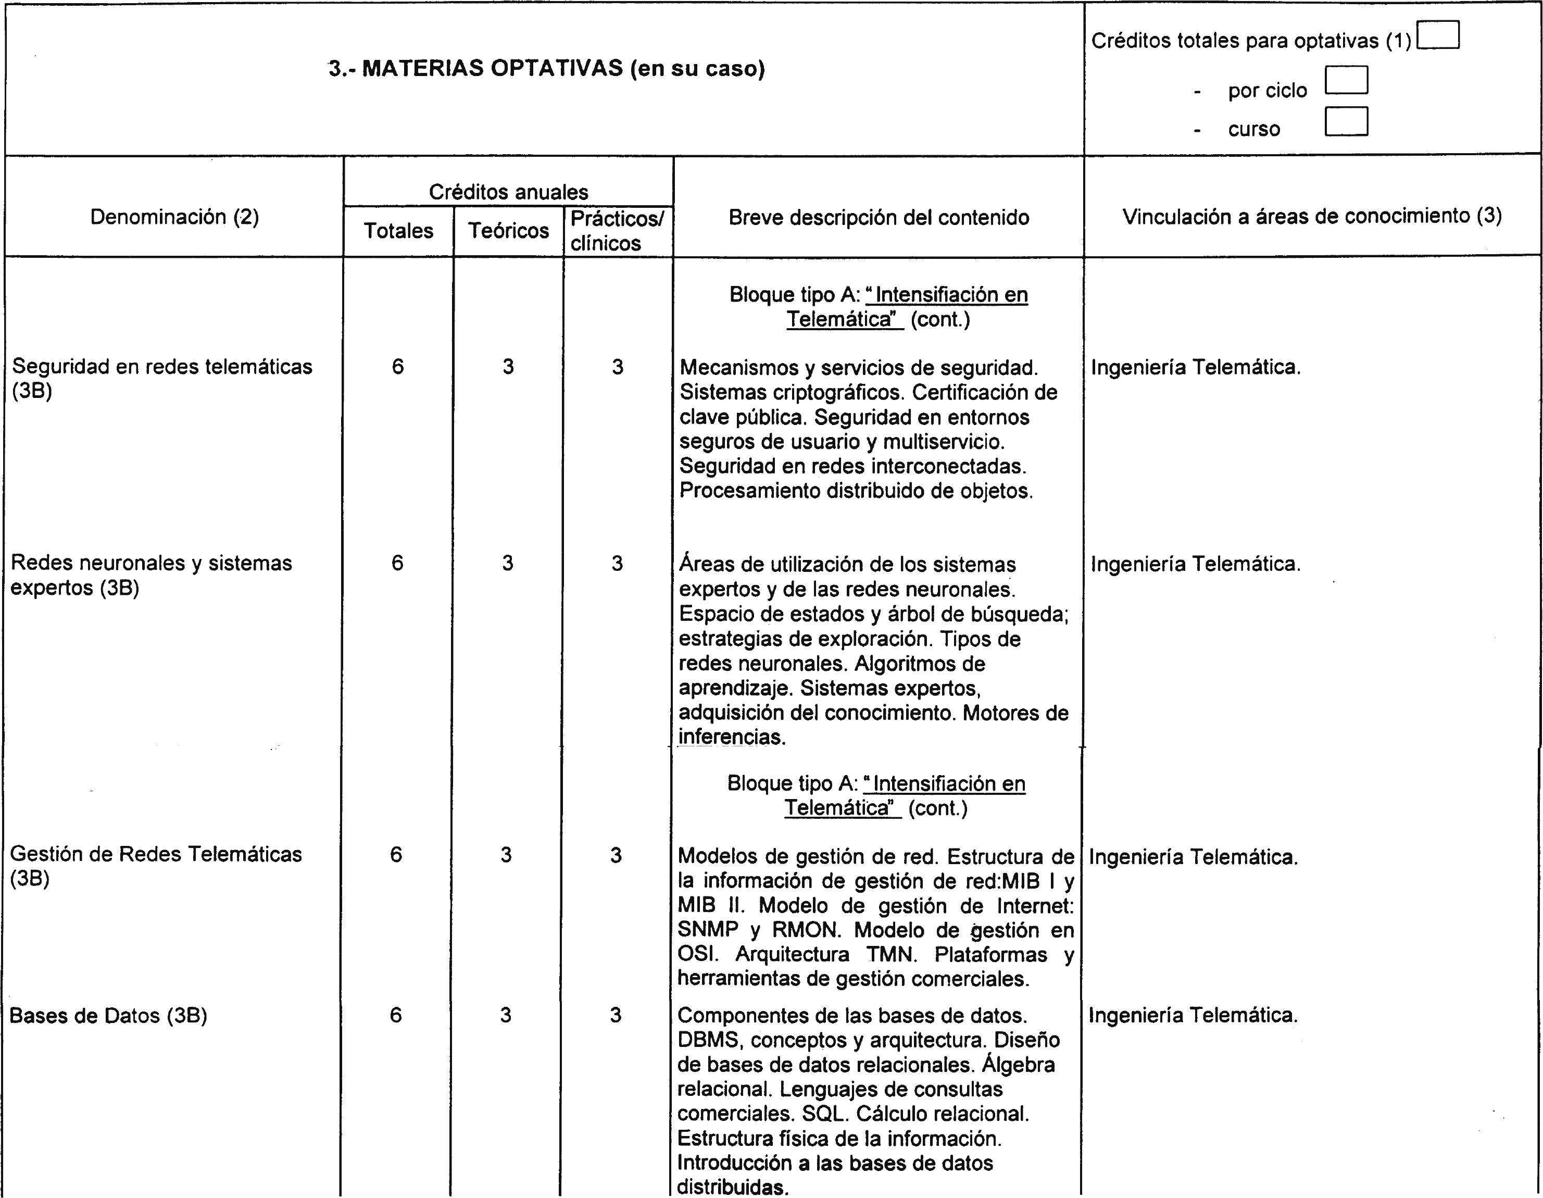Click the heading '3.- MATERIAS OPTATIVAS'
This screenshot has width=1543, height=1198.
coord(547,69)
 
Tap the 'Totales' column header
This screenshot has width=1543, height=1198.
coord(398,230)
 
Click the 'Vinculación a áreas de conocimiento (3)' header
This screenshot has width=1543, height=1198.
coord(1312,216)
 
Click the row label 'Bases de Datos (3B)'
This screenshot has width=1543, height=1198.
coord(108,1016)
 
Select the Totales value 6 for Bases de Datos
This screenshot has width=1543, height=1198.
coord(396,1015)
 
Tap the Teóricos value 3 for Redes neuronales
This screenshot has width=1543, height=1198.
coord(507,563)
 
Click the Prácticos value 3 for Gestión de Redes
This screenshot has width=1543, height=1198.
coord(616,855)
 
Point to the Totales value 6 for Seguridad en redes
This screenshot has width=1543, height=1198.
coord(398,366)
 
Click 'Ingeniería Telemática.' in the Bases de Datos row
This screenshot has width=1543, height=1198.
coord(1193,1016)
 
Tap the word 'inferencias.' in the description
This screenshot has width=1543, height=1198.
coord(732,737)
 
